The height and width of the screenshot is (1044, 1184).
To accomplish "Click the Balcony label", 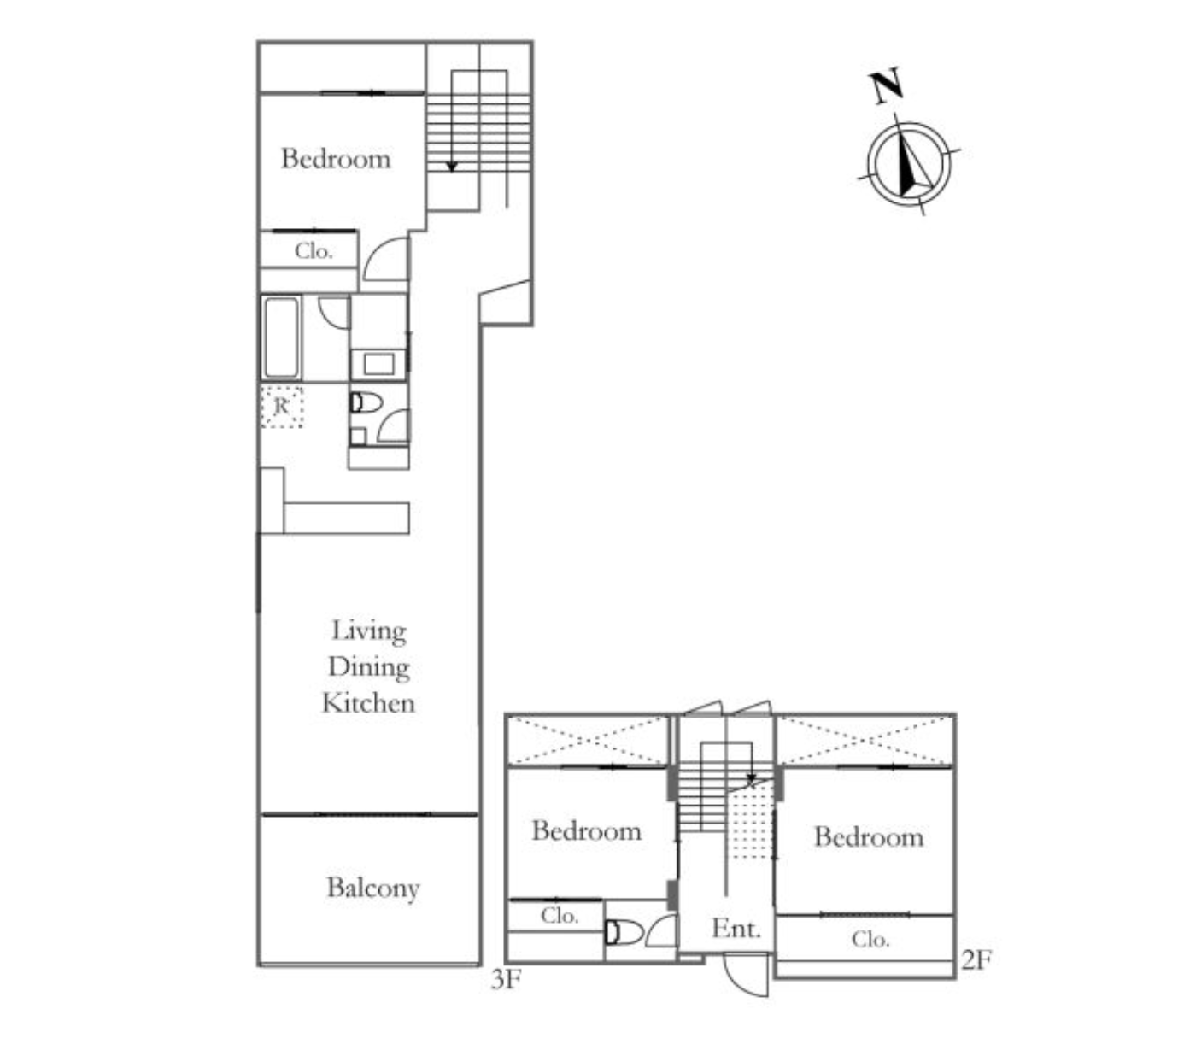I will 372,889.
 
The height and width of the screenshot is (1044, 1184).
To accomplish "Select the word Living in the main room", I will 368,631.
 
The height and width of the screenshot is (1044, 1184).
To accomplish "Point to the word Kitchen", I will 368,703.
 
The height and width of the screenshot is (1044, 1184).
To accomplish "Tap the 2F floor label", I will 976,960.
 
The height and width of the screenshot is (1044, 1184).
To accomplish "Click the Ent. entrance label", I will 736,929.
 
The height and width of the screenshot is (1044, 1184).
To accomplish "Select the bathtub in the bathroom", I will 281,337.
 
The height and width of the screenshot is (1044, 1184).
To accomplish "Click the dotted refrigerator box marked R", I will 281,407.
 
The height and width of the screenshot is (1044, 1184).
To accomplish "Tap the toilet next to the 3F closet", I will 624,932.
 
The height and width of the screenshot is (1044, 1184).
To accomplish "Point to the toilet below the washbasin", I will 366,402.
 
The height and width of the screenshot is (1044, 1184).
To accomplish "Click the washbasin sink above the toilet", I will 378,364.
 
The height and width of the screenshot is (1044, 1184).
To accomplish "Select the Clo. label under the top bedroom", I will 313,251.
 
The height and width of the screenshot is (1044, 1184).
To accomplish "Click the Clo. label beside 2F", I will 870,940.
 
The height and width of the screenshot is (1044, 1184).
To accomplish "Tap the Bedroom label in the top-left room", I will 336,159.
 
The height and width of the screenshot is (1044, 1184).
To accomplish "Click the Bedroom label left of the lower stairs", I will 586,831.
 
